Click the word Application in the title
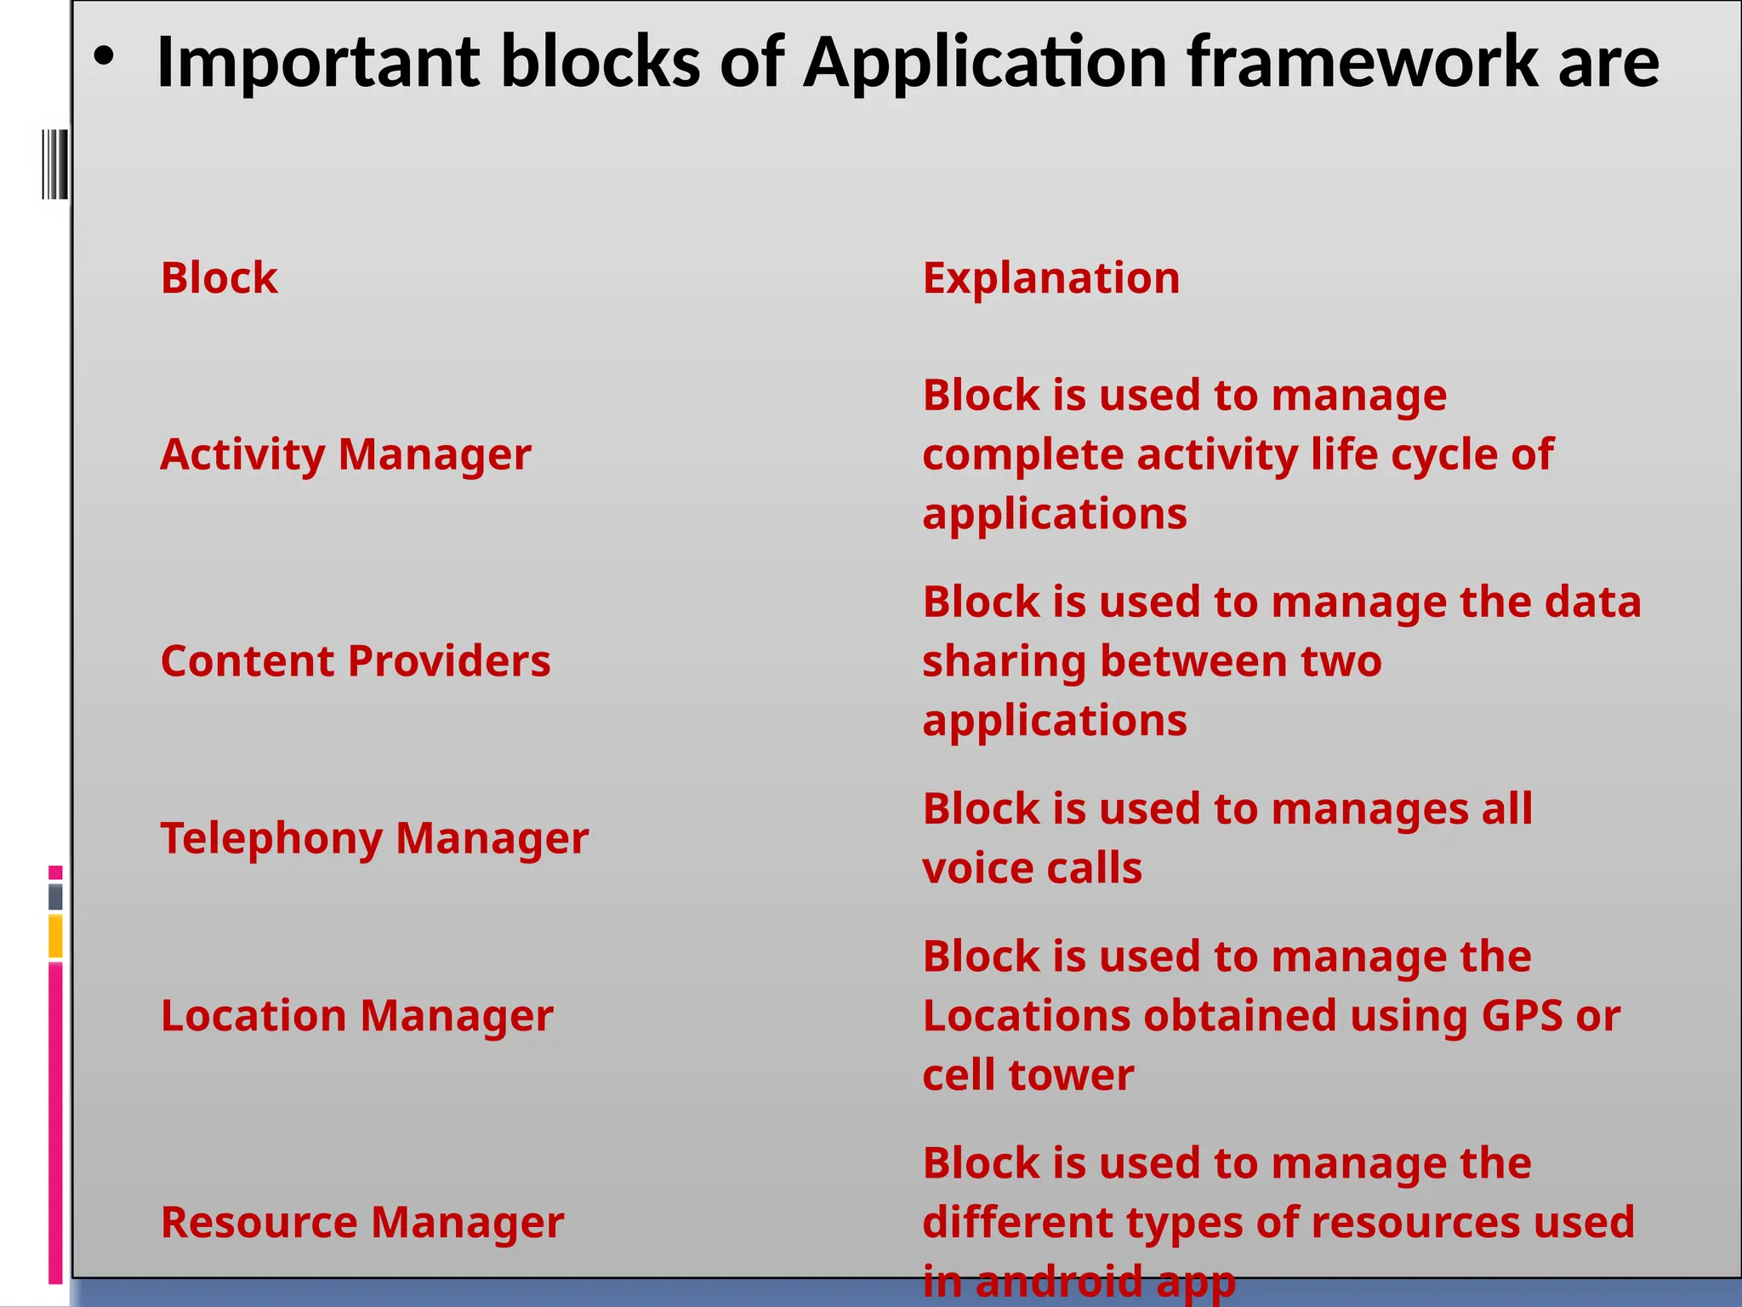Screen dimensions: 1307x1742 pyautogui.click(x=985, y=63)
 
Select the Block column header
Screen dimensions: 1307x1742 pyautogui.click(x=219, y=278)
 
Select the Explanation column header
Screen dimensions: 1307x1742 pyautogui.click(x=1051, y=278)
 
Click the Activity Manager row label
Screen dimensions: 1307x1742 pyautogui.click(x=345, y=454)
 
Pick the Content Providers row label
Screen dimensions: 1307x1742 pyautogui.click(x=356, y=661)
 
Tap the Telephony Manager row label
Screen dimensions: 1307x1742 pyautogui.click(x=374, y=838)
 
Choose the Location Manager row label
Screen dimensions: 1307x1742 pyautogui.click(x=356, y=1015)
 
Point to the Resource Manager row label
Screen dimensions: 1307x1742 pyautogui.click(x=362, y=1222)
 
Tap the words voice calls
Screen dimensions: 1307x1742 pyautogui.click(x=1032, y=868)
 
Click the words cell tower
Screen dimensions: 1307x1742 pyautogui.click(x=1028, y=1075)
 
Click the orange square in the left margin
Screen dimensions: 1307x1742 pyautogui.click(x=55, y=936)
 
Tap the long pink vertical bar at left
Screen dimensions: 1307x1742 pyautogui.click(x=55, y=1123)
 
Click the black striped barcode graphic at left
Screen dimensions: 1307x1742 pyautogui.click(x=55, y=164)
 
